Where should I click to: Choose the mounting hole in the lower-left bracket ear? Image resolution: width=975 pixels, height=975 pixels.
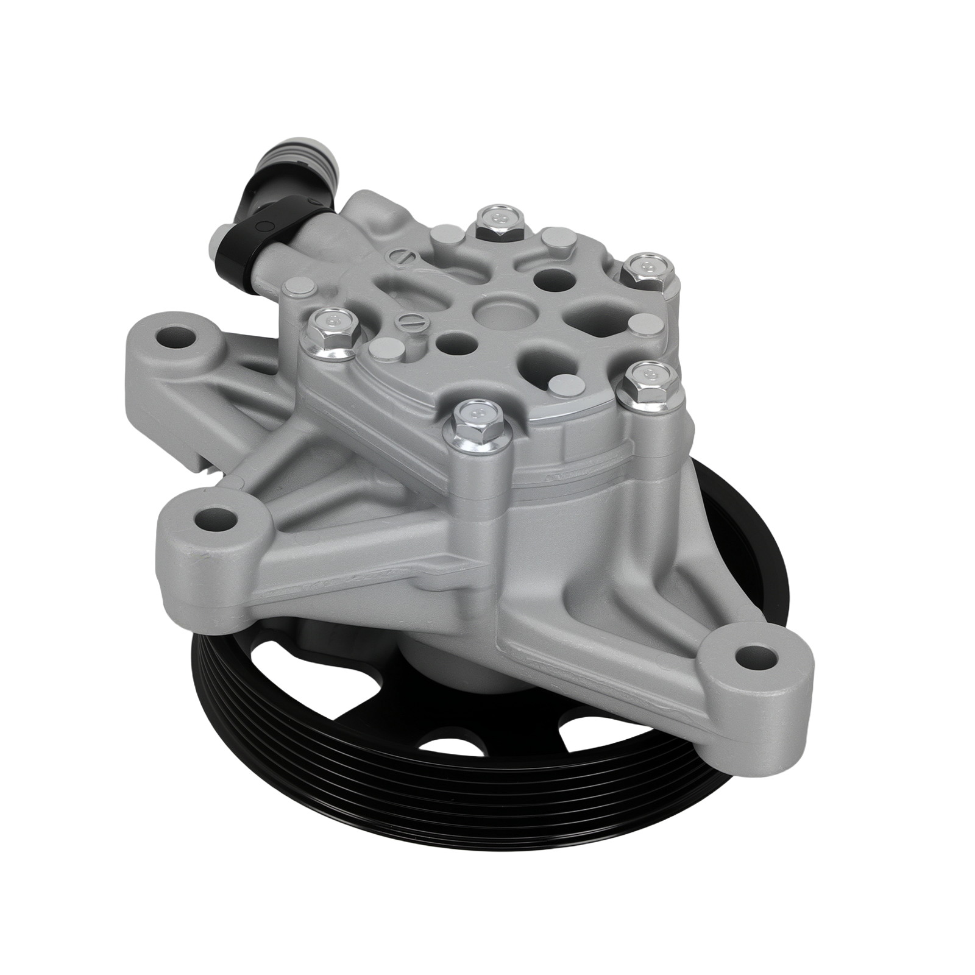coord(214,520)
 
